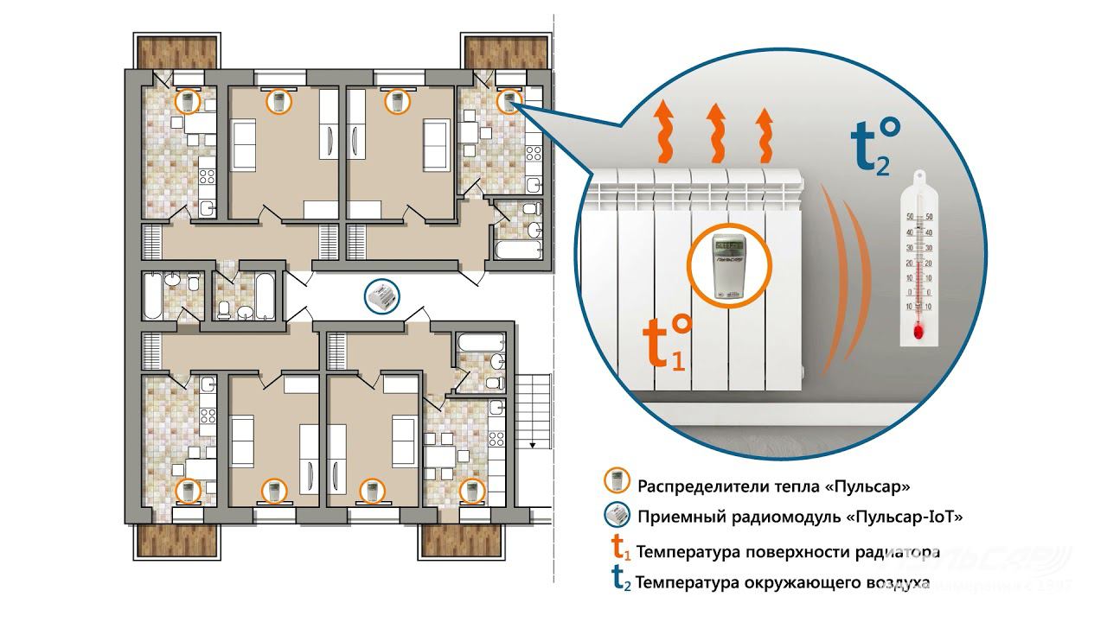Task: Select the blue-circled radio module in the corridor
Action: pyautogui.click(x=381, y=296)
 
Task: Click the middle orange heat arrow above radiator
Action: pyautogui.click(x=714, y=133)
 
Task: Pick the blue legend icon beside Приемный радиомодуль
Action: pyautogui.click(x=617, y=516)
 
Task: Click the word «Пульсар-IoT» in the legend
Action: pyautogui.click(x=904, y=517)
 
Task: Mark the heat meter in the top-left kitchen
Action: pyautogui.click(x=188, y=101)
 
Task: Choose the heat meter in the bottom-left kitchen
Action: pyautogui.click(x=188, y=491)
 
